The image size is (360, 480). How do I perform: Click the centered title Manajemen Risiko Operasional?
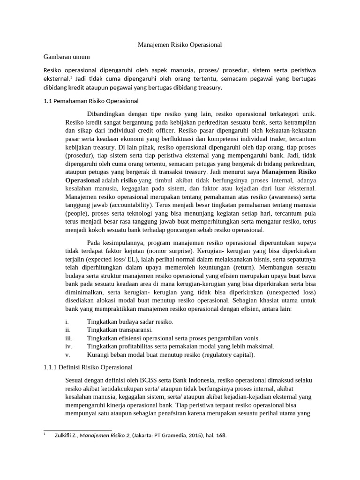[180, 45]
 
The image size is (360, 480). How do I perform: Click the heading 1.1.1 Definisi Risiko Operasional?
[88, 367]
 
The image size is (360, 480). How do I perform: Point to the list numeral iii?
[68, 338]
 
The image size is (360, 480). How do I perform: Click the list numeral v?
[67, 355]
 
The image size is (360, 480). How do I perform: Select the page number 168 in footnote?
[221, 435]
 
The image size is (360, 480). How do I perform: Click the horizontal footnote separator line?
[77, 430]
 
